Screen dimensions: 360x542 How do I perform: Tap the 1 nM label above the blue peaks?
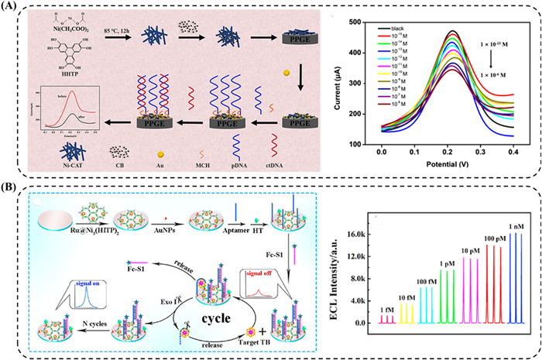tap(513, 227)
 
